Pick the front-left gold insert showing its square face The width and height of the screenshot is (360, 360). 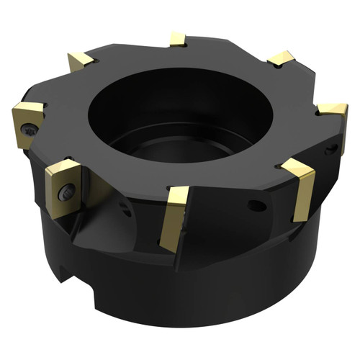point(63,186)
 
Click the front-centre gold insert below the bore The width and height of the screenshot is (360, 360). point(175,216)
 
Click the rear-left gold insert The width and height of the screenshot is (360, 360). point(81,62)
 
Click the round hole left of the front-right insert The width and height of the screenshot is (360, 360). point(256,206)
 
